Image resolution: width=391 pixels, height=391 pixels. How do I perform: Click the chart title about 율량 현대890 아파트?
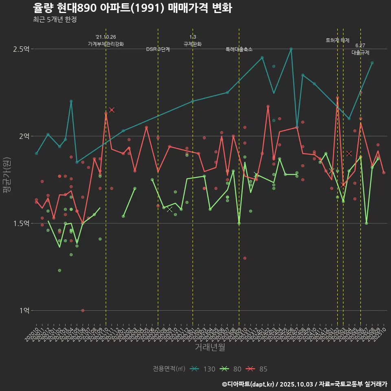click(x=132, y=8)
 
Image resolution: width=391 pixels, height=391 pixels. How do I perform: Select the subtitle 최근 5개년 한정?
click(x=55, y=19)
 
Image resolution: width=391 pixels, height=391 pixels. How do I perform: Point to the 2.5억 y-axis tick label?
click(x=21, y=49)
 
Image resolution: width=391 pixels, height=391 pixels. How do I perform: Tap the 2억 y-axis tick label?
click(x=24, y=136)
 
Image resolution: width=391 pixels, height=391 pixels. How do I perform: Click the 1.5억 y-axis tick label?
click(x=21, y=223)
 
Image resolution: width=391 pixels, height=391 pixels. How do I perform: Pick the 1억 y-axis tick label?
click(x=24, y=310)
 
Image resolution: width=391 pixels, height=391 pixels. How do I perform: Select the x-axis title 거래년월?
click(x=210, y=347)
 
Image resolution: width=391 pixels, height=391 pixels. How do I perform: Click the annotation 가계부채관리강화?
click(x=106, y=44)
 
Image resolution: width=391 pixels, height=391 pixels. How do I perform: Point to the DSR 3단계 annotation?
click(x=158, y=49)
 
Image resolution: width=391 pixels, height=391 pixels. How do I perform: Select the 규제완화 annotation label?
click(x=193, y=44)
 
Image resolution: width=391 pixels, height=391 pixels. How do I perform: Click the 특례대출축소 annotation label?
click(x=239, y=49)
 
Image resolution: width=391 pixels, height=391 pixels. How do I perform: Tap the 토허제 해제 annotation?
click(x=338, y=40)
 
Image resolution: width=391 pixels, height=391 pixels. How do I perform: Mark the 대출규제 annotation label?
click(x=360, y=53)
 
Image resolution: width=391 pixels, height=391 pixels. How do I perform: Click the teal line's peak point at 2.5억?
click(x=291, y=49)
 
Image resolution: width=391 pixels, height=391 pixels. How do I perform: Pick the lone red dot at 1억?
click(x=83, y=310)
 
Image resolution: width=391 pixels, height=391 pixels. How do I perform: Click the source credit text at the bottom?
click(x=305, y=384)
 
